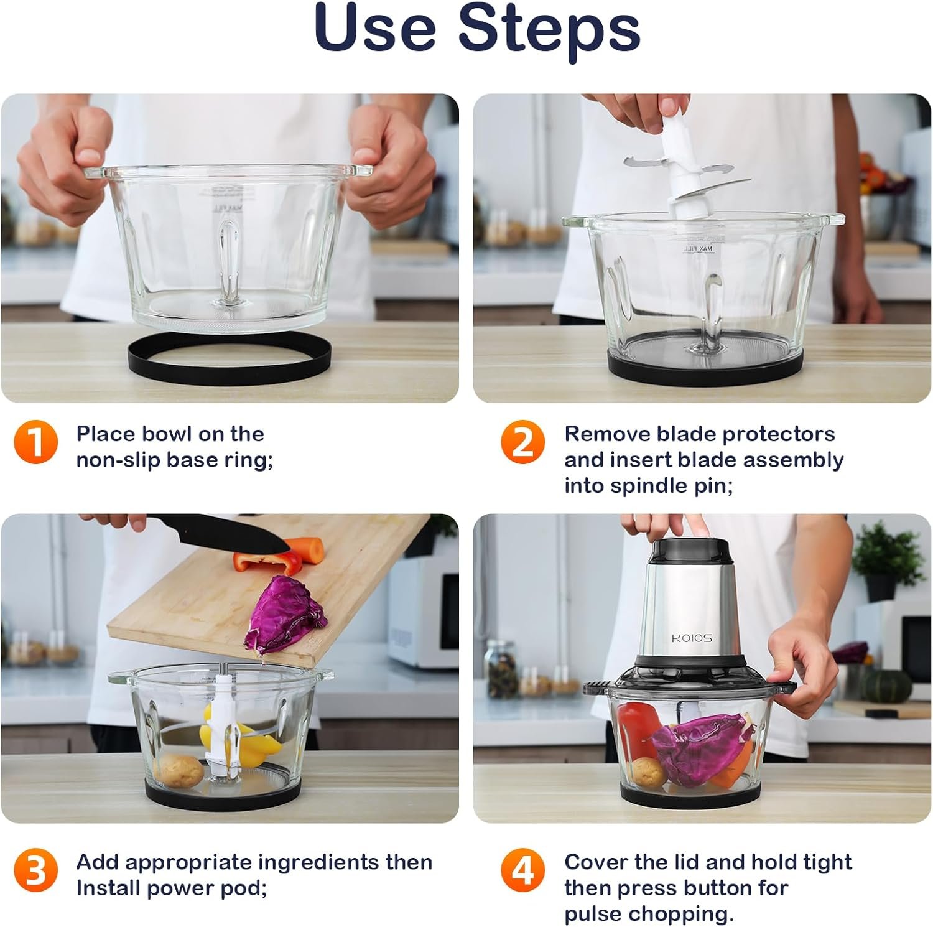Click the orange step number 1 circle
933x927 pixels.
click(x=35, y=442)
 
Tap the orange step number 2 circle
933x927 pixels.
click(x=522, y=442)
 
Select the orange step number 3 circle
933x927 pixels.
click(x=35, y=870)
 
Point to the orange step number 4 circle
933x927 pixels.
click(x=522, y=870)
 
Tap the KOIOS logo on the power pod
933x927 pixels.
click(x=692, y=638)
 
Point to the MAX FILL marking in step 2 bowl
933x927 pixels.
click(x=698, y=248)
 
